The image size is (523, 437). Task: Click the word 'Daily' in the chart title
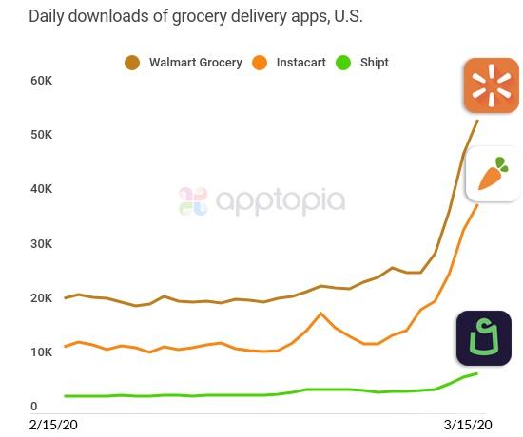click(48, 17)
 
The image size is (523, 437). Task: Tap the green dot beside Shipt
click(342, 63)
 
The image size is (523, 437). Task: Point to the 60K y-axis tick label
click(42, 80)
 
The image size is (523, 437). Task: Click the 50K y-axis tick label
click(42, 135)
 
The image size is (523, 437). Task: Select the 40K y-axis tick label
click(42, 189)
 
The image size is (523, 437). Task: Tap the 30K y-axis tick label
click(42, 244)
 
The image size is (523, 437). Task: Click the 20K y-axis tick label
click(42, 298)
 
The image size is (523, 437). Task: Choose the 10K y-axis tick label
click(42, 352)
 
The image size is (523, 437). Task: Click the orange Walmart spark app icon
click(491, 85)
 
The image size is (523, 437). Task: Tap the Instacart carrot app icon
click(493, 174)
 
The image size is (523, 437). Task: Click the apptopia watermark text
click(280, 200)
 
